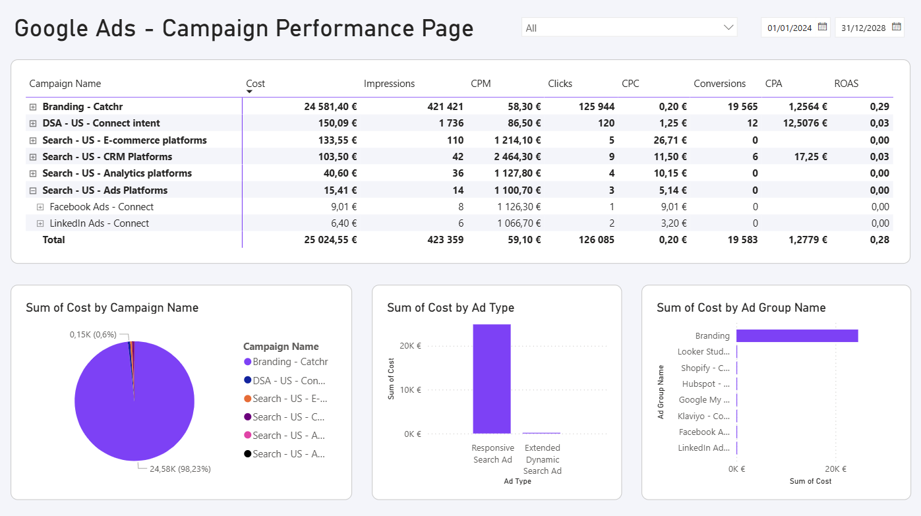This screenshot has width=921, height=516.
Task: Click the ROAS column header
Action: [846, 84]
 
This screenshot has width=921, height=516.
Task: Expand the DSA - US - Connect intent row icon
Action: [33, 123]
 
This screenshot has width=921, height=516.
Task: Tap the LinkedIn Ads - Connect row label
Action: [99, 223]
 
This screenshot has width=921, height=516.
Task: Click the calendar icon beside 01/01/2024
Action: [822, 27]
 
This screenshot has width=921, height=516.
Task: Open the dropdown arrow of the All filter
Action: [728, 28]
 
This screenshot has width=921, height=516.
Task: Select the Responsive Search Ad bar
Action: [491, 379]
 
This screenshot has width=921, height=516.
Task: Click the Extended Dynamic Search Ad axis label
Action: [542, 459]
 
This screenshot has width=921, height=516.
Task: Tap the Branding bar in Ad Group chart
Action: [796, 335]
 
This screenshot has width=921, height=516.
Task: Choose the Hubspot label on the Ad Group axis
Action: [705, 384]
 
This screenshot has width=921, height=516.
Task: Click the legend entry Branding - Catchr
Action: [289, 362]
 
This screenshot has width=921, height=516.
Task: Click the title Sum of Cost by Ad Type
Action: [450, 308]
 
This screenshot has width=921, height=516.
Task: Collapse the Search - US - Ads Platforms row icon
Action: [33, 190]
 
